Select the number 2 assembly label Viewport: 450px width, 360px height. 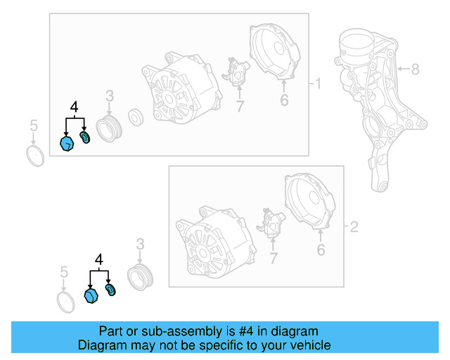click(354, 227)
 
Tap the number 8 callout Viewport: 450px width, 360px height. click(415, 69)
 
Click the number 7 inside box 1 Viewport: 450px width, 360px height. click(239, 107)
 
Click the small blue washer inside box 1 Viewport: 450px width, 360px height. click(86, 136)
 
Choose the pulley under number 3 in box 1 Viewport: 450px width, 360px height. click(109, 129)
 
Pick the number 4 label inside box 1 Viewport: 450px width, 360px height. click(74, 107)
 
